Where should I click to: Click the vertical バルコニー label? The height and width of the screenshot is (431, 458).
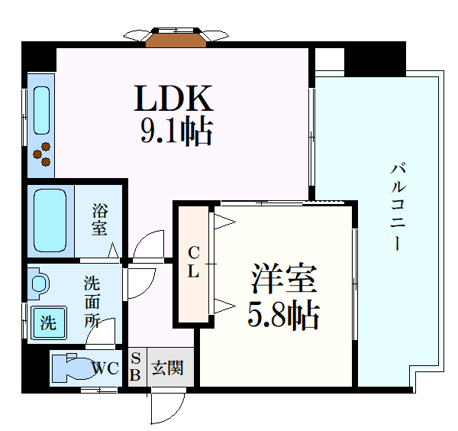[397, 206]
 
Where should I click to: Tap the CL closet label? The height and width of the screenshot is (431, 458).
[194, 261]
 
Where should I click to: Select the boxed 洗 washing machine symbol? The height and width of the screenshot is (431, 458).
[48, 322]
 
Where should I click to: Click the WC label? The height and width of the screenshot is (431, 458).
[105, 369]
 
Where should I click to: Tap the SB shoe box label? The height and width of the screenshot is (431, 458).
[136, 367]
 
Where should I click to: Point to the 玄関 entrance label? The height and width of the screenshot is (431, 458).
[166, 368]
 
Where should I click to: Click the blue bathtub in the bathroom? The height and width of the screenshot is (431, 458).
[51, 219]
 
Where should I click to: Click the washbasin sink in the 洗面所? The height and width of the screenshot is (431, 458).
[39, 284]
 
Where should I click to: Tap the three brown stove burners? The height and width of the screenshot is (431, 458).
[43, 153]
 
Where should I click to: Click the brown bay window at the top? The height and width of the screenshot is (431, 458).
[176, 38]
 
